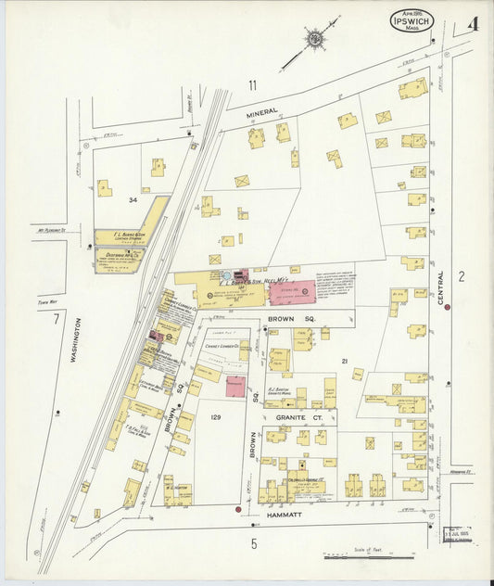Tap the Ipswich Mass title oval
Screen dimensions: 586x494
click(410, 19)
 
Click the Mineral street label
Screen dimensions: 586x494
click(261, 112)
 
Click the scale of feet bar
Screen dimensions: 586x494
click(369, 557)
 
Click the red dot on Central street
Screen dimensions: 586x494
click(447, 307)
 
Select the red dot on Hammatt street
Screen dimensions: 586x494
click(238, 509)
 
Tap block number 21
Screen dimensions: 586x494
click(343, 360)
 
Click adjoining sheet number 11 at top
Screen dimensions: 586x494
click(251, 85)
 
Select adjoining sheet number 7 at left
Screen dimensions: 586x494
click(56, 320)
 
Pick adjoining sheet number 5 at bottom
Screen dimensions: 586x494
click(253, 544)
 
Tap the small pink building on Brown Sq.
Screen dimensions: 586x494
click(235, 387)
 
